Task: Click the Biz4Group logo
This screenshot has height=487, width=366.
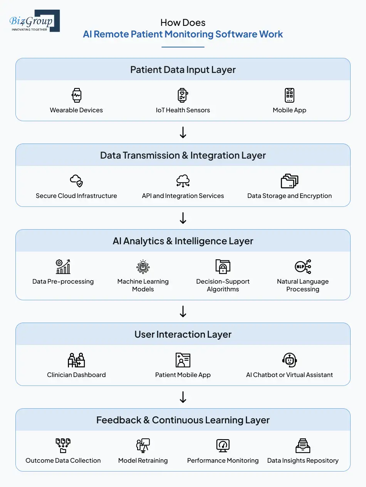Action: tap(34, 21)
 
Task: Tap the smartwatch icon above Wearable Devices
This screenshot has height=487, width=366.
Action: tap(76, 95)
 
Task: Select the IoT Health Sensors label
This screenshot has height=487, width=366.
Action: tap(183, 110)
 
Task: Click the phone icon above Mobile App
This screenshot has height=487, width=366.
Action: tap(289, 95)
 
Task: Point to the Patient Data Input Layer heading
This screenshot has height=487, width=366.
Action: tap(183, 70)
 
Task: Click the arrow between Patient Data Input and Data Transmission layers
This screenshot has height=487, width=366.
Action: tap(183, 132)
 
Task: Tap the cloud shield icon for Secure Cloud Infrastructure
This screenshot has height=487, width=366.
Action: tap(76, 181)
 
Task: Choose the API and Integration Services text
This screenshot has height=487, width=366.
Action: tap(183, 196)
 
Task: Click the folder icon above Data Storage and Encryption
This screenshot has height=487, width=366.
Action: tap(289, 181)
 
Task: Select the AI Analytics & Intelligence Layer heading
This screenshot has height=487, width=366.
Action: tap(183, 241)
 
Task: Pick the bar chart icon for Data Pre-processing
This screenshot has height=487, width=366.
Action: tap(63, 266)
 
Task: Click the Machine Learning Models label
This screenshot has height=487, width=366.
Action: tap(143, 286)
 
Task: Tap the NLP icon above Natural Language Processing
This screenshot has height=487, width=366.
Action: tap(303, 266)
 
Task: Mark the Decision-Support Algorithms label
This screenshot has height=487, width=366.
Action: tap(223, 286)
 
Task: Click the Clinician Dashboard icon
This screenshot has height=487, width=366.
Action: tap(76, 360)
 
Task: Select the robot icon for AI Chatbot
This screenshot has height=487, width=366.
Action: tap(289, 360)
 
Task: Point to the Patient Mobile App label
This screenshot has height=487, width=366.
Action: tap(183, 375)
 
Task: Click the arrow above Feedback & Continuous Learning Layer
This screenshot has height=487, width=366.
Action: tap(183, 397)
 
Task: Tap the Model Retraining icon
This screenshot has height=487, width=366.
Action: tap(143, 445)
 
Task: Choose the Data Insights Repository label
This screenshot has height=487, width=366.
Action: tap(303, 461)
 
